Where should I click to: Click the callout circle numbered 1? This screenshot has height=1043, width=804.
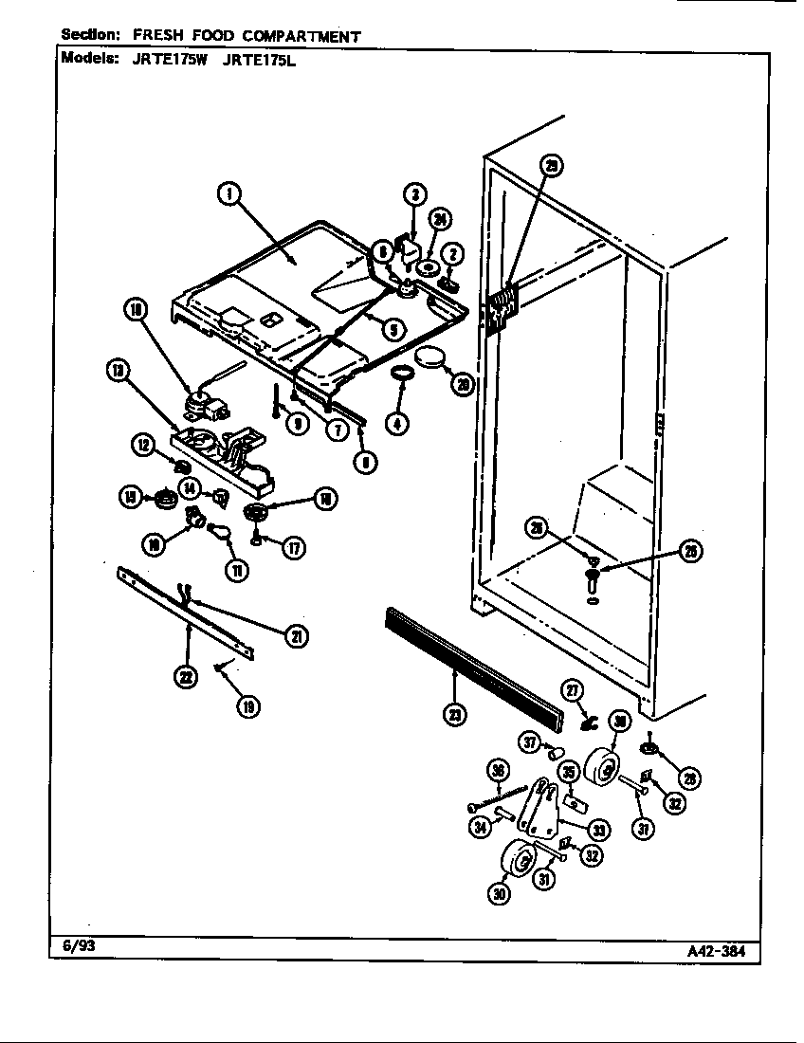[228, 194]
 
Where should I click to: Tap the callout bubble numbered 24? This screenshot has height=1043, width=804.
[440, 220]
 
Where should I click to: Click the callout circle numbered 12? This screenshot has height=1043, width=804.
[144, 443]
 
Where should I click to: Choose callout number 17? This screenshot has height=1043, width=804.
[295, 547]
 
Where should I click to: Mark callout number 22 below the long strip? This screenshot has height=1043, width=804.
[188, 676]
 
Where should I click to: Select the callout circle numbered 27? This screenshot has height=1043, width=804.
[574, 691]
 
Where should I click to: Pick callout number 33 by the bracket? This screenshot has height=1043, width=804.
[598, 830]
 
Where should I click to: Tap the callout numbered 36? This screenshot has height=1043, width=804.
[497, 769]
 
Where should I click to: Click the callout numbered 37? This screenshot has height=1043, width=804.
[530, 740]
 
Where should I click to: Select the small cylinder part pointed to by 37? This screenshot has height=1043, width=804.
[557, 756]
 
